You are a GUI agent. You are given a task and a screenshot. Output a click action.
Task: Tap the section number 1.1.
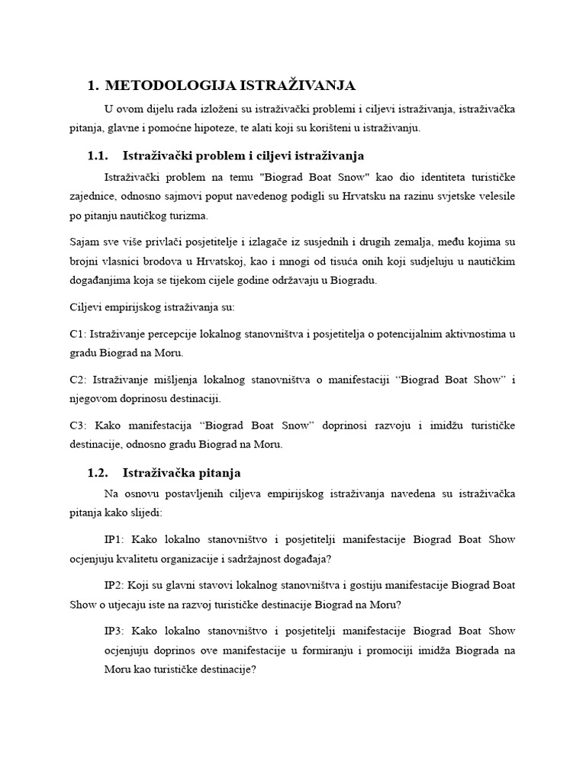99,156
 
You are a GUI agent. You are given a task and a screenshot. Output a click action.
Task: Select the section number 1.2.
99,473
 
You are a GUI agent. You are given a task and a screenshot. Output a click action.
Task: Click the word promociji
419,650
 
